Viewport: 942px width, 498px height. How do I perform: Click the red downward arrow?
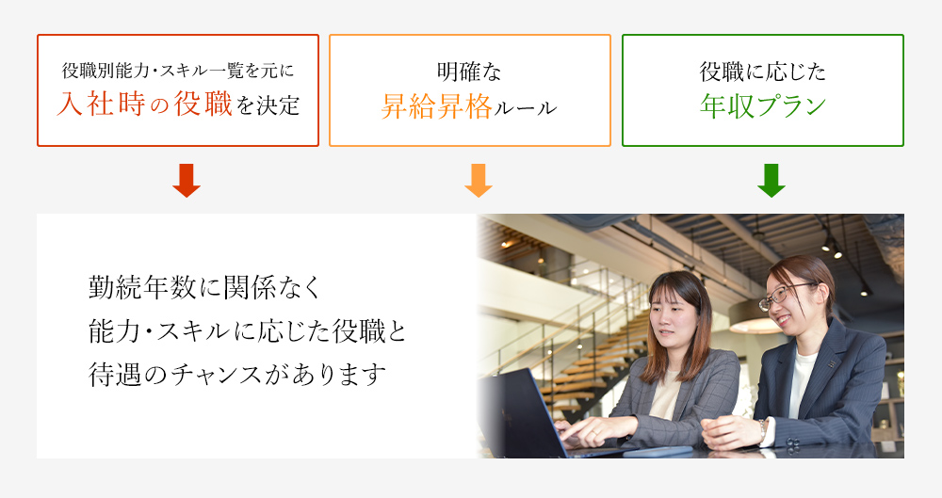coord(187,180)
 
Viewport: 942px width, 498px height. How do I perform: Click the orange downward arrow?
coord(479,180)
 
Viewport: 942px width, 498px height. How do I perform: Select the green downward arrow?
coord(771,180)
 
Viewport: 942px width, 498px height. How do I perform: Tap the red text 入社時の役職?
coord(144,104)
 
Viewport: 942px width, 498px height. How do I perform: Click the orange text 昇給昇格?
coord(437,107)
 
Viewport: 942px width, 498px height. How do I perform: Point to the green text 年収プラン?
coord(763,105)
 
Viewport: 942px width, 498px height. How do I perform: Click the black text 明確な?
coord(469,72)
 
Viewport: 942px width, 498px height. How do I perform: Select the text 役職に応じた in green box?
coord(763,72)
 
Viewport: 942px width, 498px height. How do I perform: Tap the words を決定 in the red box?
coord(268,105)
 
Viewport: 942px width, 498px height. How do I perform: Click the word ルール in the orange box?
coord(525,108)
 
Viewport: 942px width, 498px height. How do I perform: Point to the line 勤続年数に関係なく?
coord(204,288)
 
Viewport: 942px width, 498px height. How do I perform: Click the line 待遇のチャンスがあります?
coord(237,374)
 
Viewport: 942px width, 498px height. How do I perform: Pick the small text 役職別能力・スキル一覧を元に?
coord(178,71)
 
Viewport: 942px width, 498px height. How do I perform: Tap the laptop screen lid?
coord(522,414)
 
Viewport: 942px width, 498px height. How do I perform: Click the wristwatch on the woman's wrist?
coord(762,429)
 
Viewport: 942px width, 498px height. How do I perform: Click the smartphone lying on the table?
coord(658,451)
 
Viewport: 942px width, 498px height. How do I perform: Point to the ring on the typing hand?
coord(594,432)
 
